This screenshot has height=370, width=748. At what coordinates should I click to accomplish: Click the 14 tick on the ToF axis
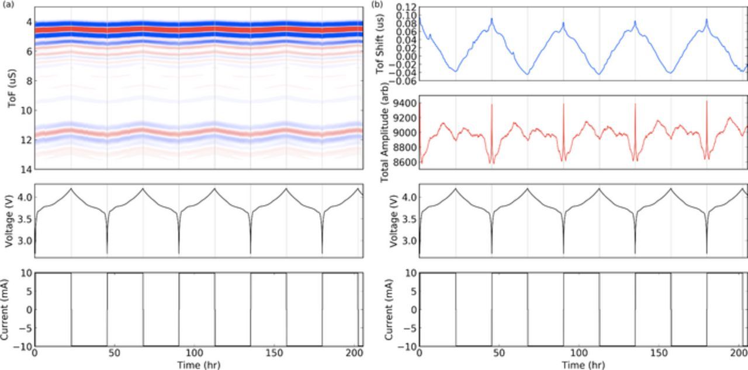pos(26,169)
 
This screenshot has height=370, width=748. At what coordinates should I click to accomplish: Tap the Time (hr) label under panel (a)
pos(199,365)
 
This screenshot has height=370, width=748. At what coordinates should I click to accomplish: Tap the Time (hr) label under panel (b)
pos(583,365)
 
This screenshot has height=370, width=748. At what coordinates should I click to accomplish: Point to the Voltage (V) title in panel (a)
pos(11,220)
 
